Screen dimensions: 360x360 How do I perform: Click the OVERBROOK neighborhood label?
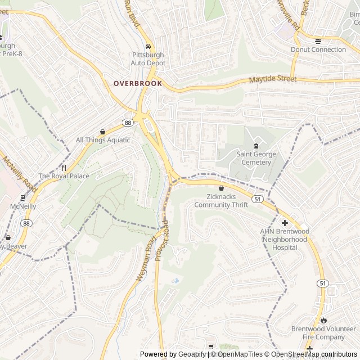tap(138, 83)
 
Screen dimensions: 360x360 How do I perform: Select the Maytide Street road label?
tap(273, 79)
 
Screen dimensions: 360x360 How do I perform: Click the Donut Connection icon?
tap(318, 40)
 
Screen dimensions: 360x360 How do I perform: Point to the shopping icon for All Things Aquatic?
tap(102, 131)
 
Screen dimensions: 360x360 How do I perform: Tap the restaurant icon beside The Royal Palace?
tap(64, 168)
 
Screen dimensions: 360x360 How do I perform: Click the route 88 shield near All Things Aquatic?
tap(128, 123)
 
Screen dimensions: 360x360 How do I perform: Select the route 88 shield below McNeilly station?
tap(26, 223)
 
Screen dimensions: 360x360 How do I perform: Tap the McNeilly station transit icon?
tap(22, 197)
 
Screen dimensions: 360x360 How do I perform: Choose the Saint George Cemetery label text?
tap(253, 159)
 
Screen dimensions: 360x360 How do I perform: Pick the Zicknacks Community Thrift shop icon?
tap(221, 188)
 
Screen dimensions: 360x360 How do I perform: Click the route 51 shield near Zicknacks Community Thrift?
tap(257, 199)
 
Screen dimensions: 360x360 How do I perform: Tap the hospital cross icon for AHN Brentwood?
tap(285, 223)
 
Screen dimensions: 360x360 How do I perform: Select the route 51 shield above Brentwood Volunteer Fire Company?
tap(321, 283)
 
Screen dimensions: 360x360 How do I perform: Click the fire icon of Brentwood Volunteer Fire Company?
tap(323, 320)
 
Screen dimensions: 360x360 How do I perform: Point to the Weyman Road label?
tap(145, 259)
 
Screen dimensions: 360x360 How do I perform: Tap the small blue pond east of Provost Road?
tap(176, 280)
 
